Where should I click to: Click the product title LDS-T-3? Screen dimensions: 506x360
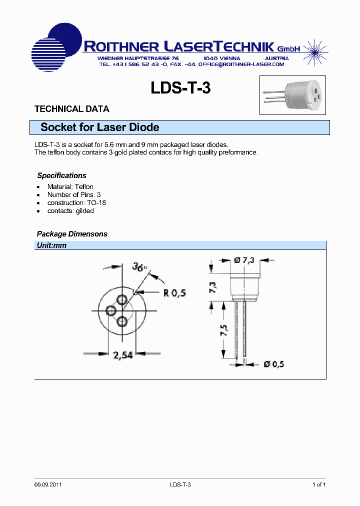(x=180, y=88)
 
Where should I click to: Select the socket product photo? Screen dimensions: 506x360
(x=292, y=95)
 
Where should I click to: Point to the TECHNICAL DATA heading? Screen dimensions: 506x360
(x=71, y=109)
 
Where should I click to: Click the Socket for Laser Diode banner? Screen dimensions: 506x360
(x=100, y=127)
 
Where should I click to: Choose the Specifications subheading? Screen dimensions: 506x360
(x=61, y=175)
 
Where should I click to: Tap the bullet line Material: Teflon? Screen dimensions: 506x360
(x=70, y=186)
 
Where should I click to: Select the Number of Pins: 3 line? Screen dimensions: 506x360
(x=74, y=194)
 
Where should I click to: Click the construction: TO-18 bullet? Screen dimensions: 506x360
(x=76, y=202)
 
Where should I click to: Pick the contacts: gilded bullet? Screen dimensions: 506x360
(x=70, y=210)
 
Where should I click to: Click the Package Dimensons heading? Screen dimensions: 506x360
(x=72, y=234)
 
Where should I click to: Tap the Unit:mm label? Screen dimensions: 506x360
(x=51, y=245)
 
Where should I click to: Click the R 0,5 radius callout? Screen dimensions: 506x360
(x=174, y=292)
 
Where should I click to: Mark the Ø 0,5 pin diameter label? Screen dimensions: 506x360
(x=273, y=364)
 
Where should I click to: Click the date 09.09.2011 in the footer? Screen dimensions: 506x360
(x=48, y=484)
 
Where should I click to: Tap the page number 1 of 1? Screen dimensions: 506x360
(x=319, y=484)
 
